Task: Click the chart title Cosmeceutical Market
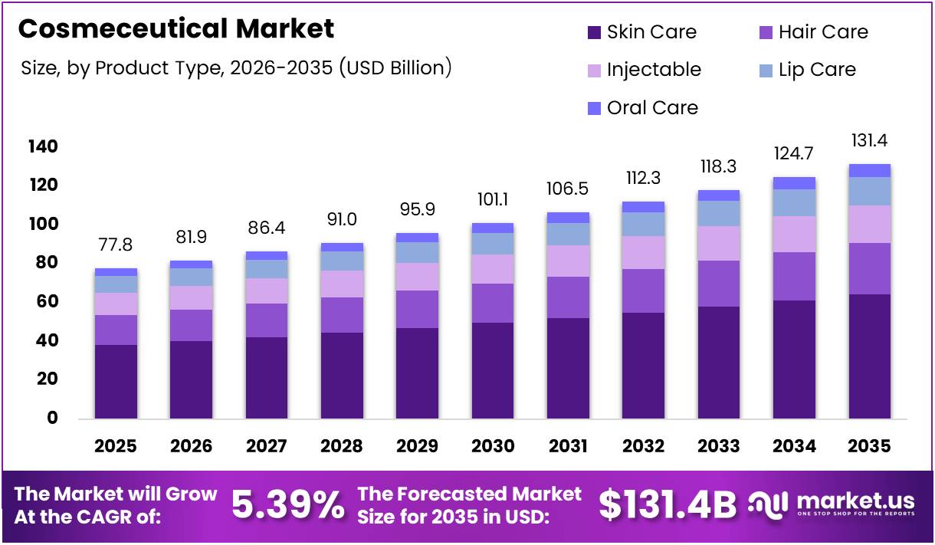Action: point(176,29)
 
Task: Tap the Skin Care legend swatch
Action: point(594,33)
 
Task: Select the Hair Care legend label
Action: point(823,32)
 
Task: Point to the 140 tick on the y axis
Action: point(43,146)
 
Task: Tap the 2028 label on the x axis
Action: point(342,446)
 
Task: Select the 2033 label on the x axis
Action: point(719,446)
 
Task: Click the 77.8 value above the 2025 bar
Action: point(116,245)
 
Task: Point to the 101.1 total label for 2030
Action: point(493,199)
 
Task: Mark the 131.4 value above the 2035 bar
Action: point(870,141)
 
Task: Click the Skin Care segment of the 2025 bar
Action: point(116,381)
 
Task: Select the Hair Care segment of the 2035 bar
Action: point(870,268)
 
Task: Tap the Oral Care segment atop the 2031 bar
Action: point(568,218)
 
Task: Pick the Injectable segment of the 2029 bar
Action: point(417,277)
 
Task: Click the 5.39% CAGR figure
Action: point(287,505)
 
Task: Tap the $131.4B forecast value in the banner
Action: point(667,505)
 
